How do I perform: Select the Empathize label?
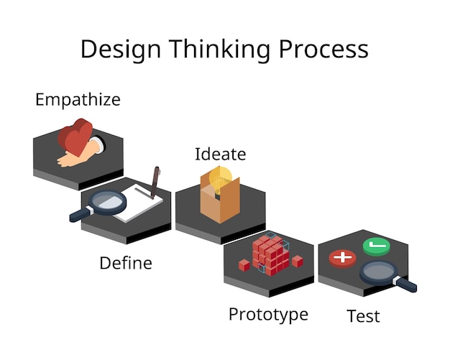(x=78, y=100)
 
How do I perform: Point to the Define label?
(x=126, y=263)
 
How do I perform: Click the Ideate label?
(x=220, y=154)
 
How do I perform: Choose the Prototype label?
(x=268, y=314)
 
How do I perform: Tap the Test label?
(x=363, y=316)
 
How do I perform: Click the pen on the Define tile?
(x=155, y=183)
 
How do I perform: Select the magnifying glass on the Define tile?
(x=97, y=204)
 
